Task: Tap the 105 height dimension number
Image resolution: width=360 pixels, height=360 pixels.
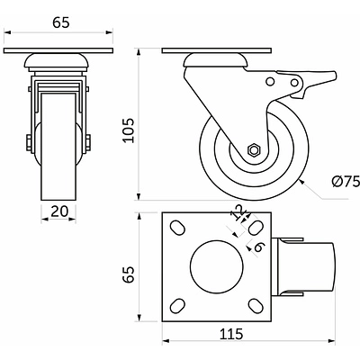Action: click(x=129, y=130)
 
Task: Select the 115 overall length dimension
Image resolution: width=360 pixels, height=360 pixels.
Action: click(x=231, y=333)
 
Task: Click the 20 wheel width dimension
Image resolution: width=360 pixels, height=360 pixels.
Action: click(x=59, y=211)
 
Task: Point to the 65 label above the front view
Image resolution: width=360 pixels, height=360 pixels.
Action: click(x=61, y=23)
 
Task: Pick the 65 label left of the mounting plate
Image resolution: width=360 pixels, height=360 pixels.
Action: click(x=129, y=274)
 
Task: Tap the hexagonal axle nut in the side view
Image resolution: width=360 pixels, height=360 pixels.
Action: click(x=255, y=149)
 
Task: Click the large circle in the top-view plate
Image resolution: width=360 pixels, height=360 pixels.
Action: click(x=216, y=266)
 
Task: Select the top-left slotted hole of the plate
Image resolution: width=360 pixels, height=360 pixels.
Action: click(x=177, y=228)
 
